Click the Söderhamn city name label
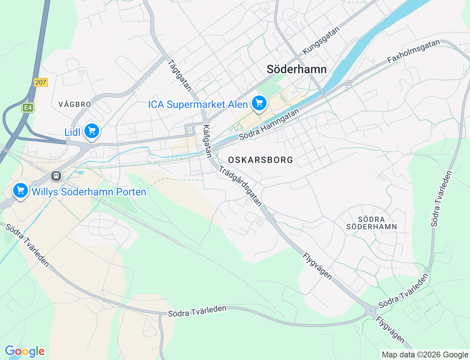point(296,69)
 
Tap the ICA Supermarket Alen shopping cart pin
point(259,103)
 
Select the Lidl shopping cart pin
point(91,131)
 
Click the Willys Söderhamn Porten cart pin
point(21,191)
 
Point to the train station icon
point(56,176)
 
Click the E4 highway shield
point(28,108)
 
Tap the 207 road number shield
point(40,82)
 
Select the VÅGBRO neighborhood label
point(75,104)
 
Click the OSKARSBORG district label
point(261,160)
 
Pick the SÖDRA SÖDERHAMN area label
point(372,223)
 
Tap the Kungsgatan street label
point(321,41)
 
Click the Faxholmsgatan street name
point(413,51)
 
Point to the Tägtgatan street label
point(180,75)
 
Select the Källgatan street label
point(207,141)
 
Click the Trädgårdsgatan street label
point(241,186)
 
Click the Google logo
point(25,352)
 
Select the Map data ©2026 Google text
point(425,354)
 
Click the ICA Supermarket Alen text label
point(198,105)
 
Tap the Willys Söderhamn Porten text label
point(89,192)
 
